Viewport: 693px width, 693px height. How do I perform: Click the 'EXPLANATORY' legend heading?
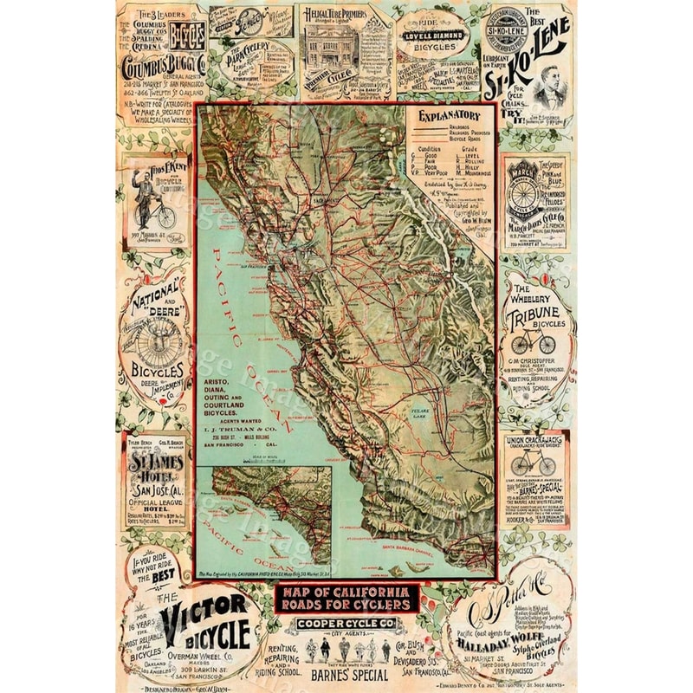coord(449,115)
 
